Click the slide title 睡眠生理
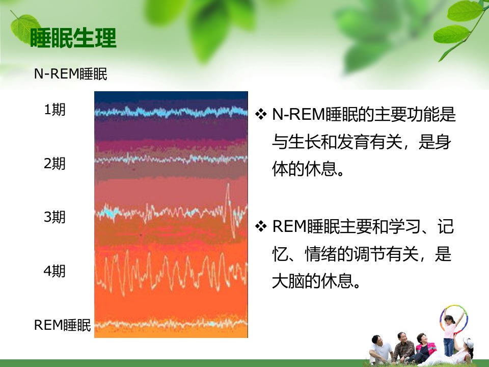coord(73,38)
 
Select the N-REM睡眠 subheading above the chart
coord(70,74)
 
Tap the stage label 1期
coord(55,110)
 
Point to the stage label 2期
coord(55,163)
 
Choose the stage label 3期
coord(55,217)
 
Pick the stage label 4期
coord(55,271)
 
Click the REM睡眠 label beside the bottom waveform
coord(62,325)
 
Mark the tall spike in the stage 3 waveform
coord(230,211)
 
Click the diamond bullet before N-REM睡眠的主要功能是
coord(261,114)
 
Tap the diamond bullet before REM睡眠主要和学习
coord(261,226)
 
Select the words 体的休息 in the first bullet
coord(304,169)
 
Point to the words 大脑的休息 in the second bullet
coord(312,281)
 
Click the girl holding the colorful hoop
coord(450,334)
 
